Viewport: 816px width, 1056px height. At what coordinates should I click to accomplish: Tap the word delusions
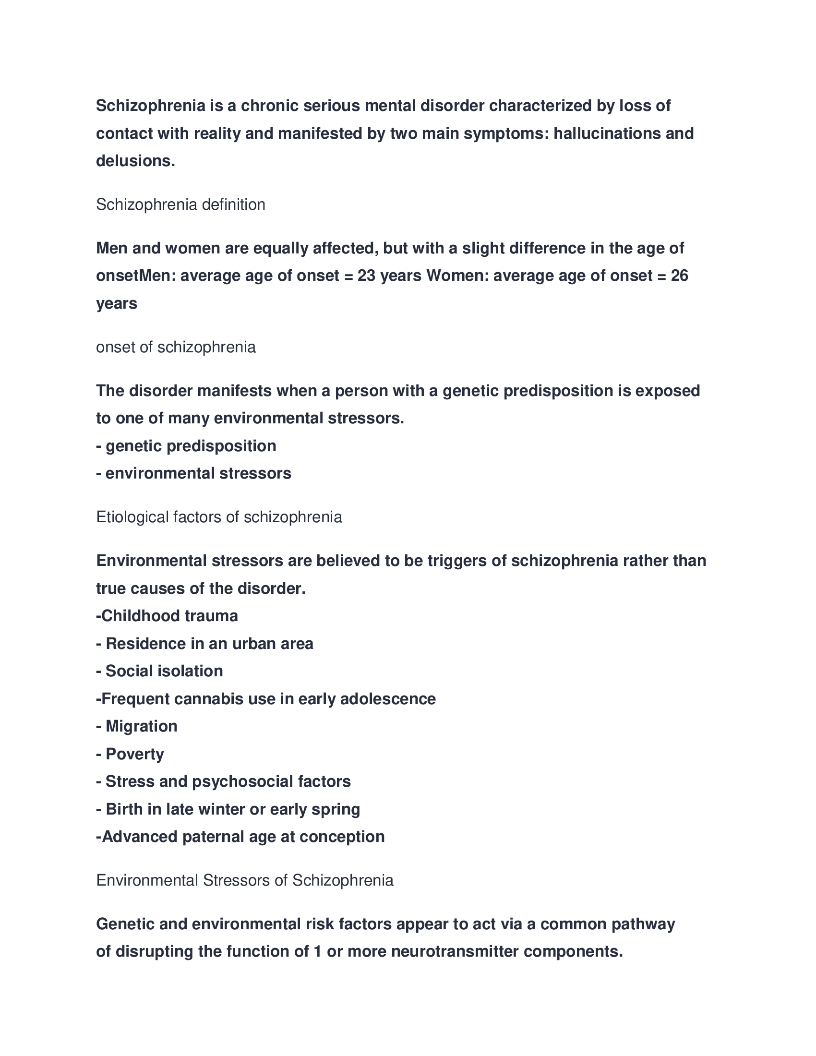click(134, 161)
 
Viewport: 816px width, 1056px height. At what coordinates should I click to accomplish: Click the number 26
click(679, 276)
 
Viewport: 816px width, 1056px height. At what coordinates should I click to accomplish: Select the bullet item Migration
click(141, 726)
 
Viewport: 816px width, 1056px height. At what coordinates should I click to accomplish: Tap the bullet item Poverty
click(134, 754)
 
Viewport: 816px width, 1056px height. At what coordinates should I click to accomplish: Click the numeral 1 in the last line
click(317, 951)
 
